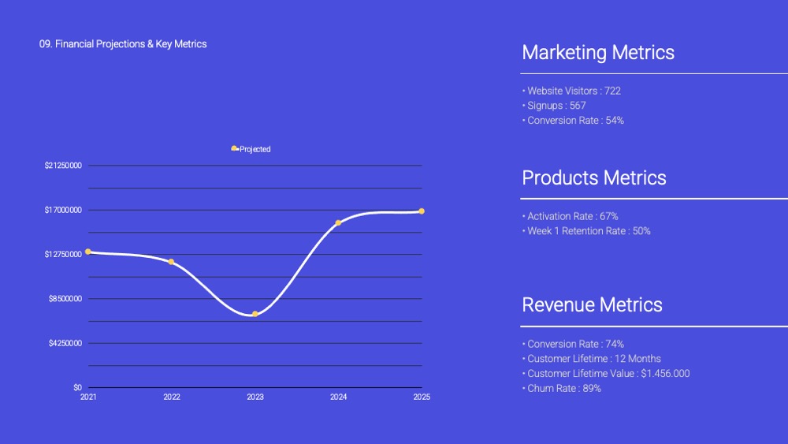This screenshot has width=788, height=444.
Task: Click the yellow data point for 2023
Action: (x=255, y=314)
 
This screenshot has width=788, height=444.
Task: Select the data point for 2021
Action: (x=88, y=252)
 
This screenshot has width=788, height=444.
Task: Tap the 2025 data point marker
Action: (x=422, y=211)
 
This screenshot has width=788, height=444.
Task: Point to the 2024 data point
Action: (x=338, y=222)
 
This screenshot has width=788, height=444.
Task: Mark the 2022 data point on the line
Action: (x=171, y=262)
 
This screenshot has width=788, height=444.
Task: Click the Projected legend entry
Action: (x=251, y=149)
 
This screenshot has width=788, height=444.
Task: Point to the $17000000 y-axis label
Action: (x=63, y=210)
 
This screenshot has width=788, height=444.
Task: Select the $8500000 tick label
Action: (x=65, y=299)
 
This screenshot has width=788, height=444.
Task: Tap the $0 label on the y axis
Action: (x=77, y=387)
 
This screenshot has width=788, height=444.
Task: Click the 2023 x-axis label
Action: (x=255, y=397)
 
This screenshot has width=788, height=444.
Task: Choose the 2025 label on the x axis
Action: (x=422, y=397)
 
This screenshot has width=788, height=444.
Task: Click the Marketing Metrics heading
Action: (x=598, y=52)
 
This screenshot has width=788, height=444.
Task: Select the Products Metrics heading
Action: (x=594, y=177)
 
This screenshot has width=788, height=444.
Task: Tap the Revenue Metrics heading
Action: (x=592, y=304)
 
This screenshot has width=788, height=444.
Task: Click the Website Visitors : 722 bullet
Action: (x=572, y=91)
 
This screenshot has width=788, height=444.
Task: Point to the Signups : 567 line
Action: (x=554, y=106)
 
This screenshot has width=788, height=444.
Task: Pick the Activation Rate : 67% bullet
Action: (x=571, y=216)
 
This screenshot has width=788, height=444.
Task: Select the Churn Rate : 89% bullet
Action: (x=562, y=388)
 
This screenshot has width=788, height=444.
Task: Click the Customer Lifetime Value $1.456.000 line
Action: (x=606, y=374)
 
